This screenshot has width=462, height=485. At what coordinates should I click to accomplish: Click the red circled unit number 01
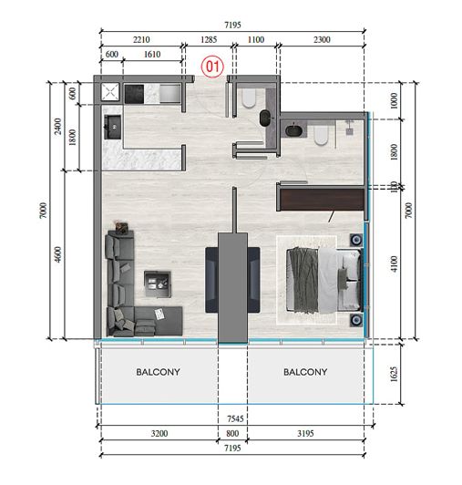tap(213, 66)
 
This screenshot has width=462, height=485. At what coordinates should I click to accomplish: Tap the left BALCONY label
tap(159, 373)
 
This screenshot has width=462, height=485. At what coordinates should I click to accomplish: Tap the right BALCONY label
tap(305, 373)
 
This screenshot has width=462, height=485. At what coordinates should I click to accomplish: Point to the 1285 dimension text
tap(210, 40)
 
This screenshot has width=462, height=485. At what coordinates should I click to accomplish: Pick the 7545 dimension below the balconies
tap(234, 420)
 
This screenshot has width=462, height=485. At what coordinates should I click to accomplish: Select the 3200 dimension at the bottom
tap(158, 436)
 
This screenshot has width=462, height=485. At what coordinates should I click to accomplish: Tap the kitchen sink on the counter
tap(114, 124)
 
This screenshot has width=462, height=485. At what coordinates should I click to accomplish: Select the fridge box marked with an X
tap(110, 92)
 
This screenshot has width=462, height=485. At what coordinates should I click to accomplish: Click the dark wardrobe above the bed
tap(320, 198)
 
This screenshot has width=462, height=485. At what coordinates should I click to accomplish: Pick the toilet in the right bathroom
tap(321, 136)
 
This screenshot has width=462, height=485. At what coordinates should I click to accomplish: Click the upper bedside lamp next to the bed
tap(355, 242)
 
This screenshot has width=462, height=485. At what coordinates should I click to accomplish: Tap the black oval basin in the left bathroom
tap(265, 117)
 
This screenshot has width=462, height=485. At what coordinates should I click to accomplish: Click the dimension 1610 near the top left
tap(152, 55)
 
